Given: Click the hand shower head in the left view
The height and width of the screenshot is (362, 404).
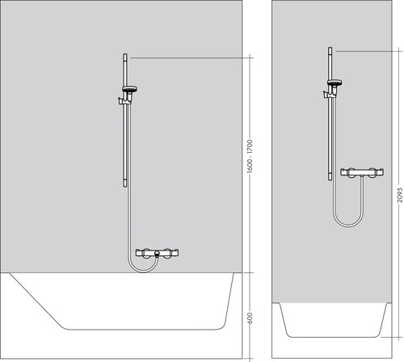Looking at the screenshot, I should [x=130, y=89].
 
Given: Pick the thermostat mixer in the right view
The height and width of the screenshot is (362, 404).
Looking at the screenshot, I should [x=359, y=172].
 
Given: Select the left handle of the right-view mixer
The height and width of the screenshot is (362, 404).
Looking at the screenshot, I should [x=345, y=172].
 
